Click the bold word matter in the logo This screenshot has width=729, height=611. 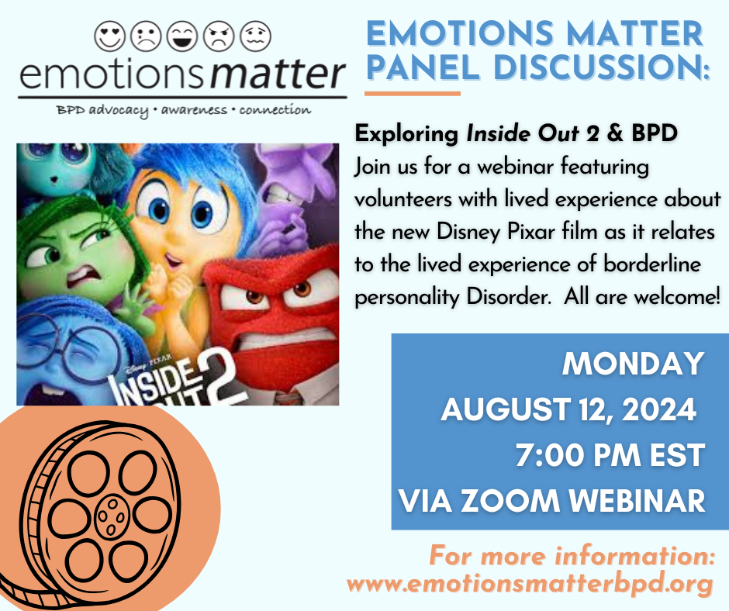click(x=278, y=75)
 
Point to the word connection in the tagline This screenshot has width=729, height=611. click(x=275, y=110)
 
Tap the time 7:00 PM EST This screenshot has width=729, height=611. click(x=610, y=455)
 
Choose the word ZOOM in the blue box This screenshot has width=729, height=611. click(x=517, y=501)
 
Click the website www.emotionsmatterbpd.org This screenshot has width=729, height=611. click(x=530, y=584)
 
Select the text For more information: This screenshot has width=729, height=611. click(x=570, y=556)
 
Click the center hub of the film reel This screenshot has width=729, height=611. click(x=110, y=512)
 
